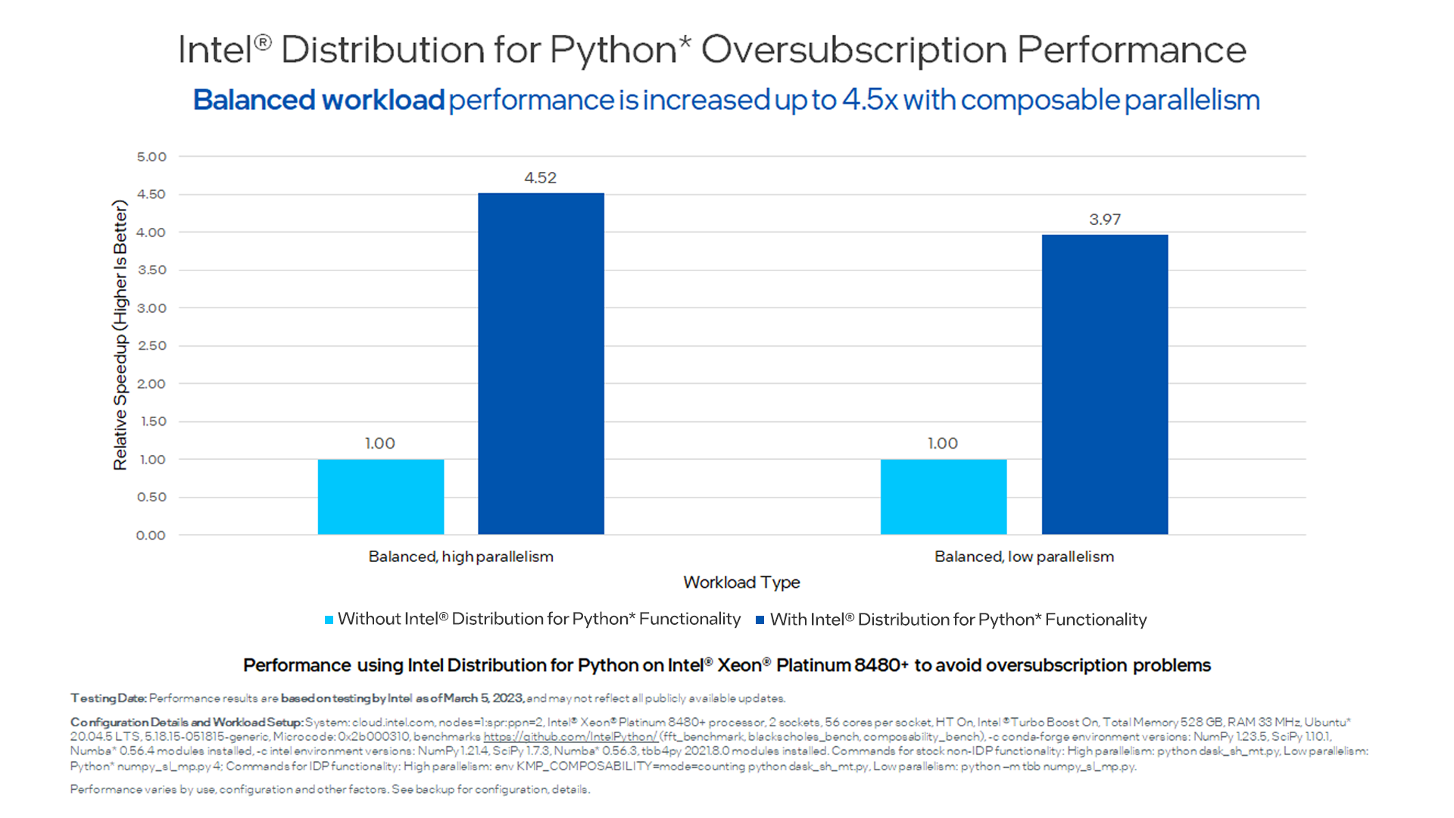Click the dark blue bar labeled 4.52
(541, 364)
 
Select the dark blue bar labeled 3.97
(1105, 384)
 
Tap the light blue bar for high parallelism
(380, 496)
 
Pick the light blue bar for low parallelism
(944, 496)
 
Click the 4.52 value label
(540, 178)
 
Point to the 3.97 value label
(1105, 220)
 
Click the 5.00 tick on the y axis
(151, 157)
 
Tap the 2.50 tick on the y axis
(151, 346)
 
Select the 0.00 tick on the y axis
(151, 535)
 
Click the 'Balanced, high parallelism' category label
(460, 557)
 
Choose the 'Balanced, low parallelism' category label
(1024, 557)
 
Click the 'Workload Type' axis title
(741, 582)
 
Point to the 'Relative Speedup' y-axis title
(120, 335)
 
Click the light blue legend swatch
(329, 620)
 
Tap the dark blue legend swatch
(760, 620)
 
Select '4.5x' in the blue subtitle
(869, 100)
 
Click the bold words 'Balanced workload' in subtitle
(318, 100)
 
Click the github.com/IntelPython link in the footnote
(569, 736)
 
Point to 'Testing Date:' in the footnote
(108, 698)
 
